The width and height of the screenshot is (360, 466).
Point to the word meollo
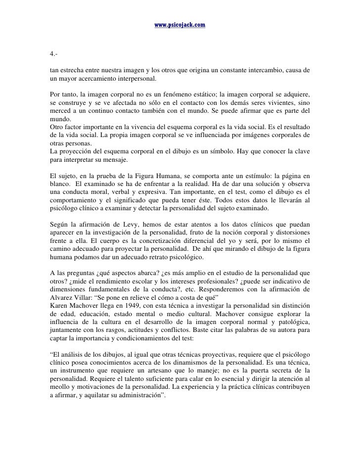point(61,387)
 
